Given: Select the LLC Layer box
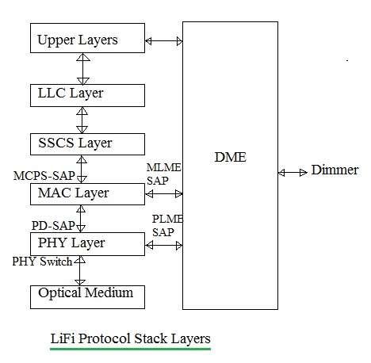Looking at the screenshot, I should [87, 94].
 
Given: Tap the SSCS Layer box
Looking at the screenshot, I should [87, 143].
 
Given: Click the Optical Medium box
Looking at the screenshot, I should [87, 295].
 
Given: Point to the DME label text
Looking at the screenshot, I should [231, 158].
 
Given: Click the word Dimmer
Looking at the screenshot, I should [335, 170].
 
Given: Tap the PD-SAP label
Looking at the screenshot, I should [53, 224].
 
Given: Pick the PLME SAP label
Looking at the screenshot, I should [163, 225].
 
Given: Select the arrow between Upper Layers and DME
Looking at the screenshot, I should [164, 39].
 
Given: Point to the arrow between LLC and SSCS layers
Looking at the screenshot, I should [80, 120].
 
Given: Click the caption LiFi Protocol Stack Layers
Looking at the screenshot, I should [131, 339].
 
